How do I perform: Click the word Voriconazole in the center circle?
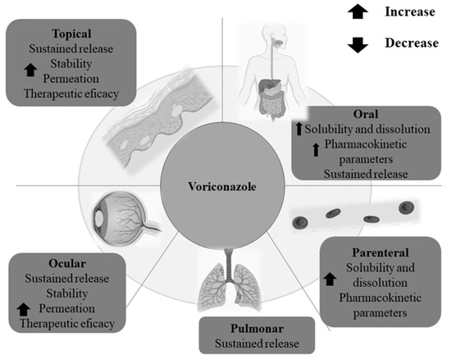(x=223, y=187)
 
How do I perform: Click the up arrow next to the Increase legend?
(x=358, y=14)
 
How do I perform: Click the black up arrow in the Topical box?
(x=31, y=71)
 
